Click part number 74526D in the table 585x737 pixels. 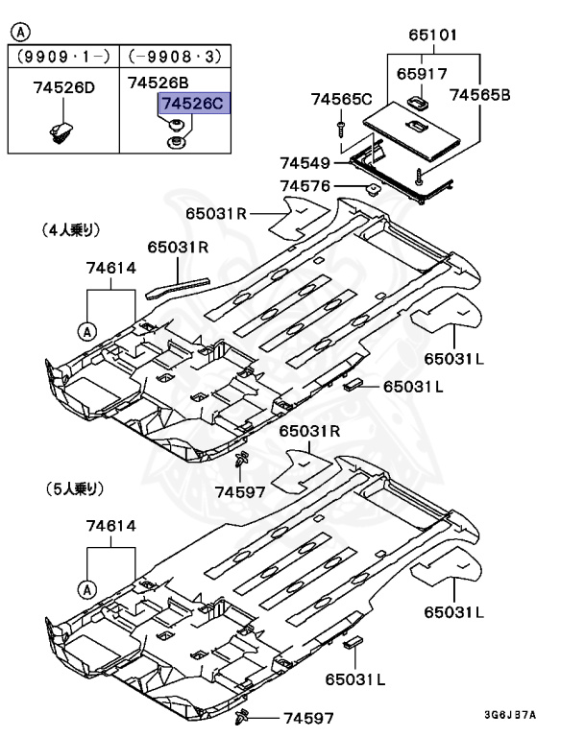click(x=64, y=88)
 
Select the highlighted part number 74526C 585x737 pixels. click(x=195, y=104)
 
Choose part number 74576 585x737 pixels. click(x=305, y=186)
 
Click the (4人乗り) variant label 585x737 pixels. click(x=72, y=230)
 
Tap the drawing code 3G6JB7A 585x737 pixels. click(x=509, y=716)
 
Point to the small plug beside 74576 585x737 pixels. click(x=372, y=187)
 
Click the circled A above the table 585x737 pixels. click(x=18, y=32)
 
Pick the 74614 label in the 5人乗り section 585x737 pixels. click(x=110, y=526)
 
